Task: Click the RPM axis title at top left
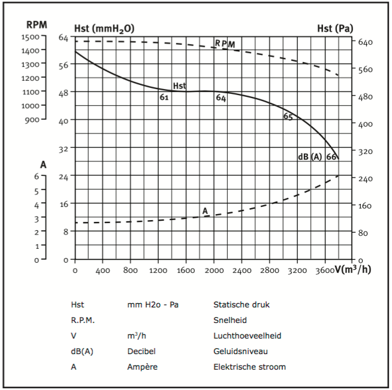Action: click(x=37, y=25)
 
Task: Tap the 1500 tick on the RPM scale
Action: click(x=31, y=36)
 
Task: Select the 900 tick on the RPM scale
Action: click(x=33, y=119)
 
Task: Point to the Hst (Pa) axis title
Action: click(x=334, y=28)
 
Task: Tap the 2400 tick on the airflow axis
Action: click(x=242, y=270)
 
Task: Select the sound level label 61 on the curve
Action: click(x=164, y=97)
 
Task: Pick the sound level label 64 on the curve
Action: click(x=221, y=98)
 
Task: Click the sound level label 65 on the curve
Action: click(x=288, y=117)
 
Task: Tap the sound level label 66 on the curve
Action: click(x=331, y=157)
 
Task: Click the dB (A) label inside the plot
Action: click(x=310, y=157)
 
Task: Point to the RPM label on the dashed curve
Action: click(x=225, y=44)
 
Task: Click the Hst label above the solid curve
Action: click(x=179, y=86)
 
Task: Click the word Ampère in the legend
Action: click(x=143, y=367)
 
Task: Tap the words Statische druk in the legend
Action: click(x=242, y=304)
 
